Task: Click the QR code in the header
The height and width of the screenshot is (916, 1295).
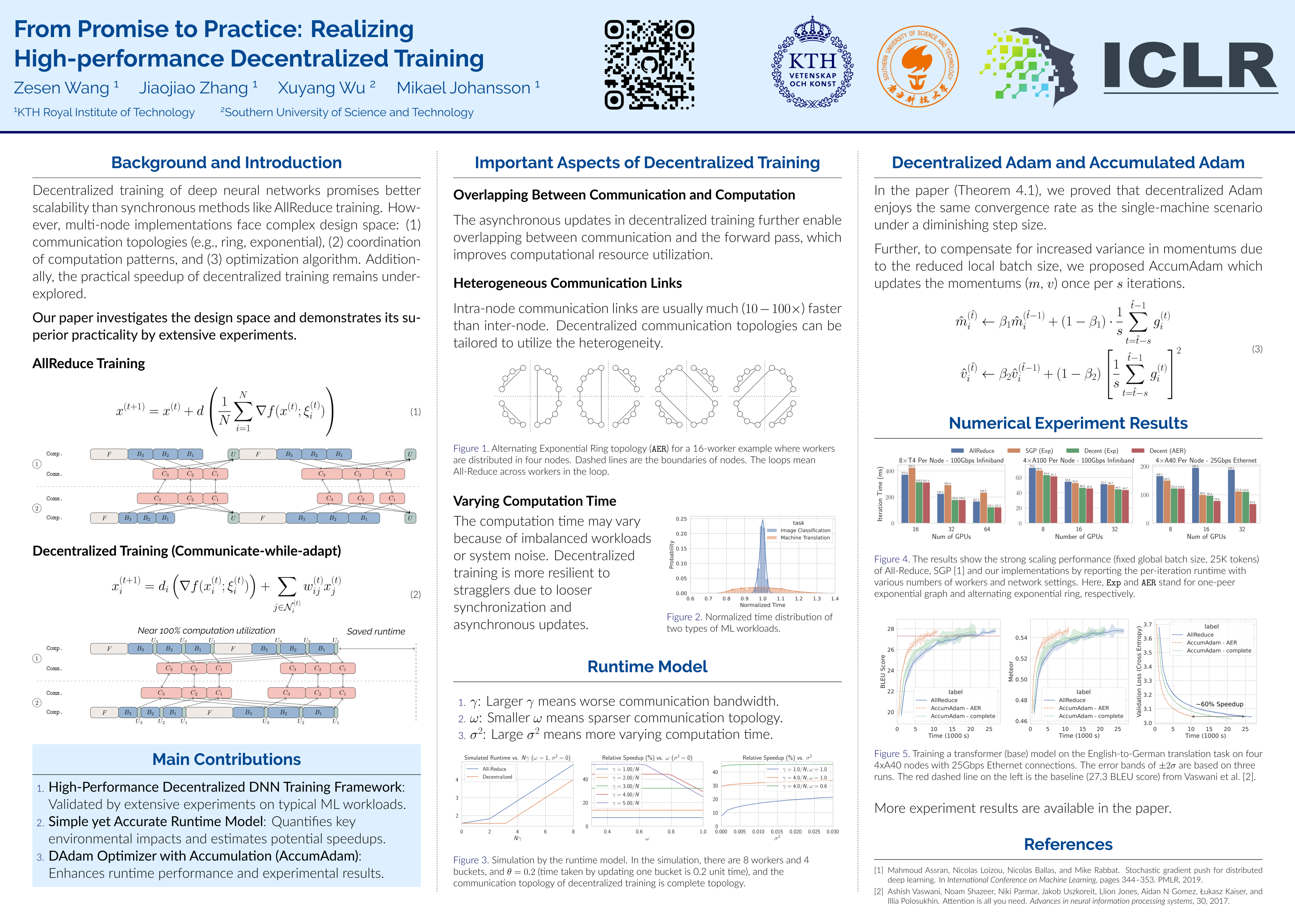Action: tap(649, 65)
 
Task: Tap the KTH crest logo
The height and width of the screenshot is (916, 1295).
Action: tap(812, 63)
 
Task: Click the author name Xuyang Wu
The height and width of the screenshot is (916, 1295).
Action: tap(321, 88)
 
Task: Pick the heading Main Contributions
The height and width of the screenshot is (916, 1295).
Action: tap(226, 760)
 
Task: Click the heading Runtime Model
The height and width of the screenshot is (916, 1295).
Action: tap(647, 667)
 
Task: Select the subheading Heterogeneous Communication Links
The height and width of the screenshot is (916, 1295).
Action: tap(568, 283)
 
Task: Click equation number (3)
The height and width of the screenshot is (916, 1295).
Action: tap(1257, 349)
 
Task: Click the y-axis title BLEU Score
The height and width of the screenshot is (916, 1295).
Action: tap(883, 671)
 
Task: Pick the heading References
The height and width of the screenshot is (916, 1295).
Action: tap(1068, 844)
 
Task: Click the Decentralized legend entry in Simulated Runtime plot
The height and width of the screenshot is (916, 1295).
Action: tap(497, 777)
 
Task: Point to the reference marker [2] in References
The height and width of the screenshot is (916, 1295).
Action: tap(879, 892)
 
